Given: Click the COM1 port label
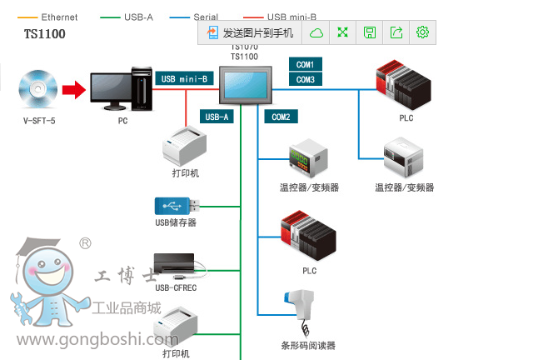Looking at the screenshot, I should coord(305,64).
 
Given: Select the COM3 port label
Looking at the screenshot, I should coord(305,79).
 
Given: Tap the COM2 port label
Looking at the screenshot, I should coord(281,117).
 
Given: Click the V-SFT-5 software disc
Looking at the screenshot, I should coord(39,88).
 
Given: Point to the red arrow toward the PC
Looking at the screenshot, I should coord(75,88).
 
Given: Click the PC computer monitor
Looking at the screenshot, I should coord(121,90).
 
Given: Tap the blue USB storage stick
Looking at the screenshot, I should coord(176,204).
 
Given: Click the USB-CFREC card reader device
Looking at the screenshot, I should coord(175,266).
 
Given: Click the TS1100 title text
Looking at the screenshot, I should coord(44,34).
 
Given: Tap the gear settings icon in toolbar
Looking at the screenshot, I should coord(422,32).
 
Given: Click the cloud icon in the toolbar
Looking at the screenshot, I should coord(316,32).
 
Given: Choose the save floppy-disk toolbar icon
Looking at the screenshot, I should coord(370,32).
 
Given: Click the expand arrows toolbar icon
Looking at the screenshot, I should coord(343,32).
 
